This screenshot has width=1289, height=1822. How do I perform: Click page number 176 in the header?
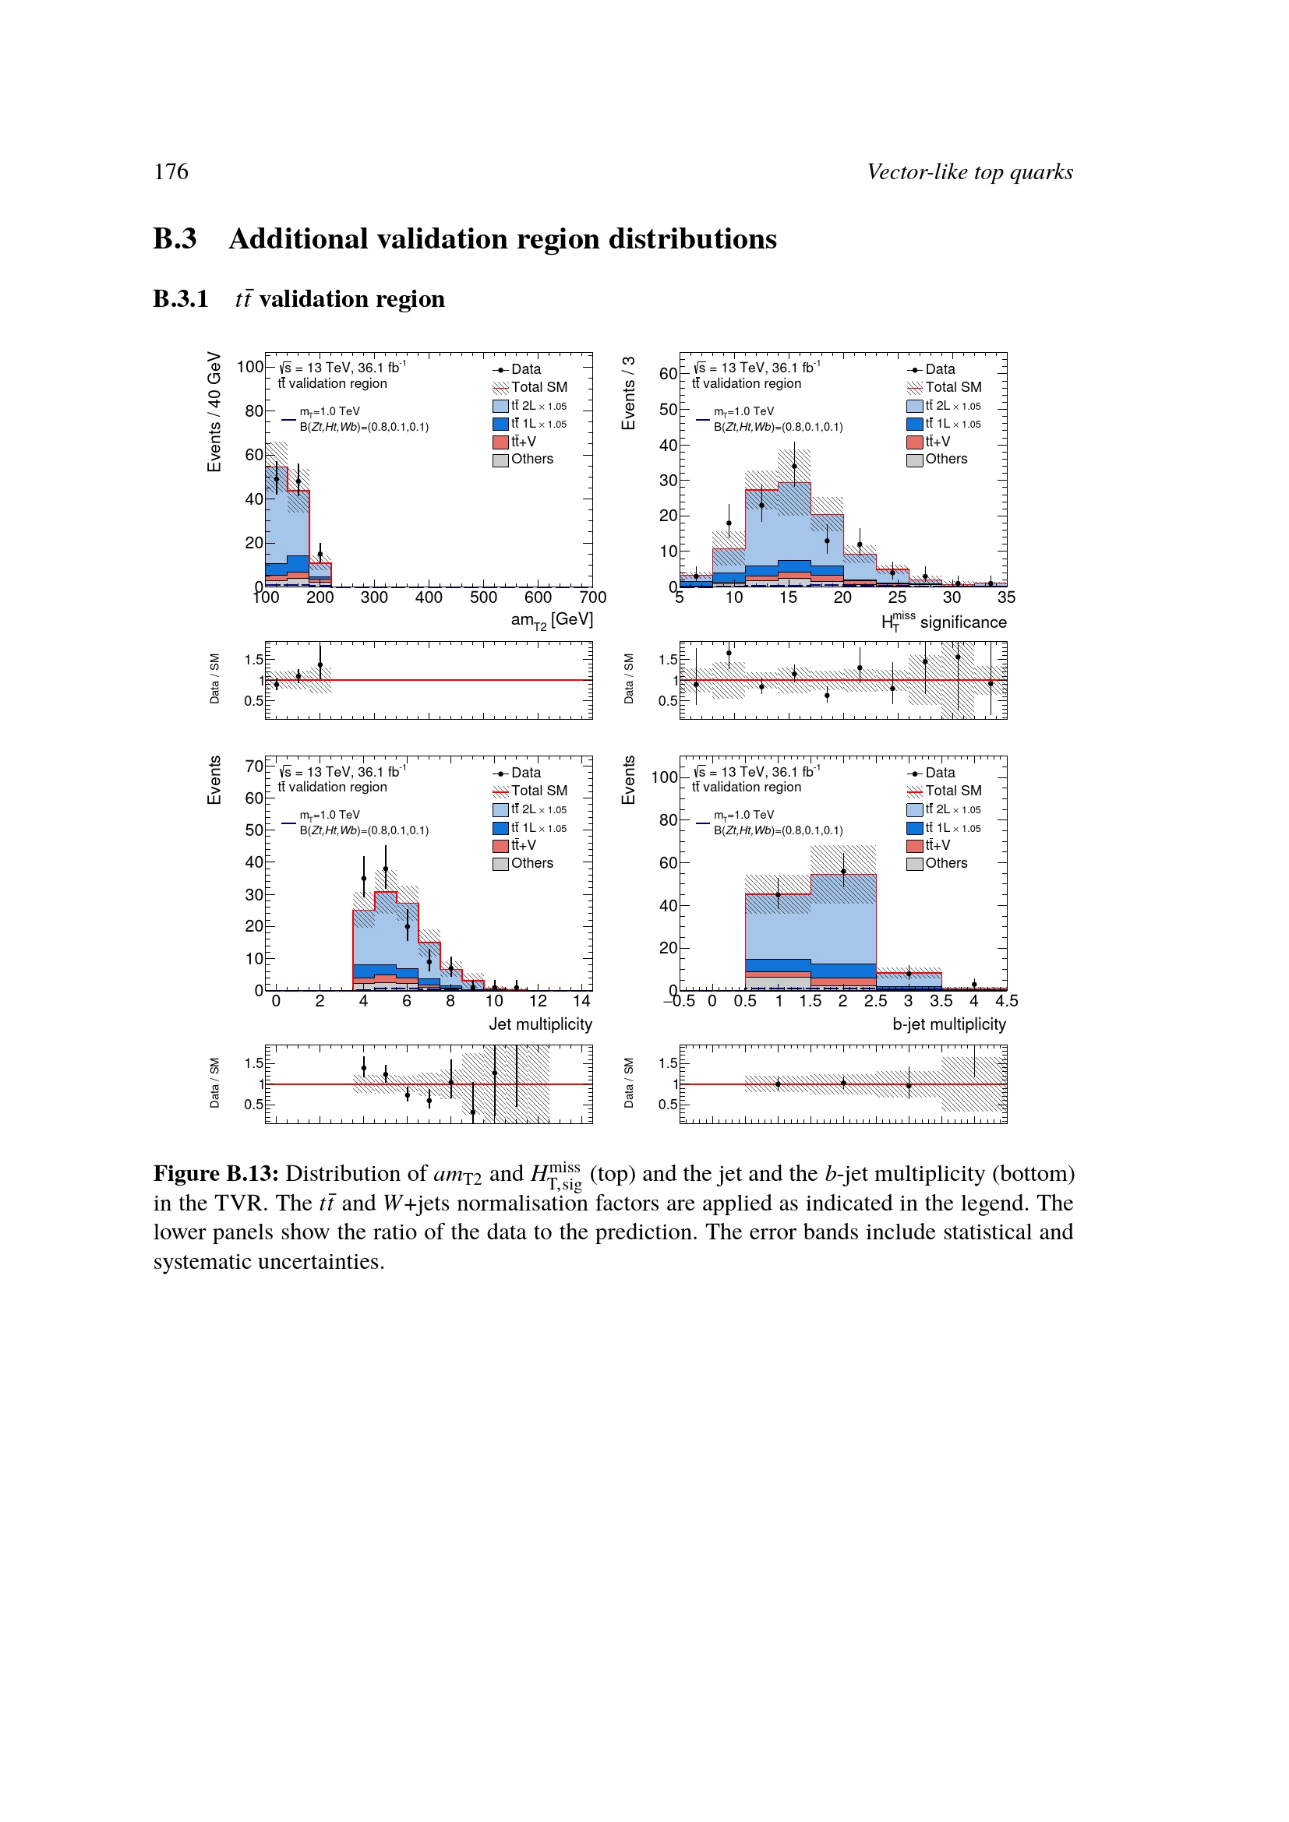coord(171,172)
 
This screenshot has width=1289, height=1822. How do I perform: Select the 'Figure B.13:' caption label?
coord(215,1174)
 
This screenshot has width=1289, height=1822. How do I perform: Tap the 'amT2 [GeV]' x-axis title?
coord(552,620)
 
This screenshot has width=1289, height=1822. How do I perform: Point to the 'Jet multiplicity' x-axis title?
coord(540,1024)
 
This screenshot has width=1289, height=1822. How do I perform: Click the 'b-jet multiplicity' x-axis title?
coord(948,1024)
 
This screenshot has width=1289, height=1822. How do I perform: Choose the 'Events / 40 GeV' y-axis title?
coord(214,412)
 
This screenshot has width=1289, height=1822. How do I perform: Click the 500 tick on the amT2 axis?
coord(483,597)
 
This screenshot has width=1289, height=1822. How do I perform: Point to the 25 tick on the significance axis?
coord(897,597)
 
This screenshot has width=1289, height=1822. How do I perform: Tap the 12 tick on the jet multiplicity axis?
coord(539,1002)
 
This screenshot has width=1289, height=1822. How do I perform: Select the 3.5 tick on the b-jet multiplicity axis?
coord(941,1002)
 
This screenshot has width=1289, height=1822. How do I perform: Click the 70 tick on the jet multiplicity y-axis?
coord(254,767)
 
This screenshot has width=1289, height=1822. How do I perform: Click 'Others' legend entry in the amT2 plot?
coord(531,460)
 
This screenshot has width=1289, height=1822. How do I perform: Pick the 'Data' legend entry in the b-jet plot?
coord(940,773)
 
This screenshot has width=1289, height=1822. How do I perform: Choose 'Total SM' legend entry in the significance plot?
coord(952,387)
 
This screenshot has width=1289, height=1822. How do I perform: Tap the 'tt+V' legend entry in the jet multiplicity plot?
coord(523,846)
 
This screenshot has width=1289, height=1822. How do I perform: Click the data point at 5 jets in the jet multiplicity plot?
coord(386,869)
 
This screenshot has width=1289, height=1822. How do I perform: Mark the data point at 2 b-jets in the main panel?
coord(843,872)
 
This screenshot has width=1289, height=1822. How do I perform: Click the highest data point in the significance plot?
coord(794,467)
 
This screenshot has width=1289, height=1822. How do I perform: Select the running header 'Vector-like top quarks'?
coord(969,172)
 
